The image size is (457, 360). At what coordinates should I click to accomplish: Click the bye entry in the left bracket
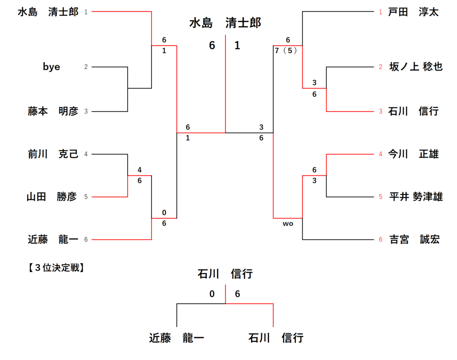(51, 67)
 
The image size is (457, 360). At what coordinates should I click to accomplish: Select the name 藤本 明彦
(53, 111)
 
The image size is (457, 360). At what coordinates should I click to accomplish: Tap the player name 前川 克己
(53, 154)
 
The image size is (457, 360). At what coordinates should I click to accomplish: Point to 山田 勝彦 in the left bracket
(52, 197)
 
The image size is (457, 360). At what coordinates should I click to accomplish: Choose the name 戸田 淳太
(413, 12)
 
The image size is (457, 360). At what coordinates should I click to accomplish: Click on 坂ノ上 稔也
(415, 67)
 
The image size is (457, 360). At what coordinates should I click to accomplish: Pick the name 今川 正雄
(413, 154)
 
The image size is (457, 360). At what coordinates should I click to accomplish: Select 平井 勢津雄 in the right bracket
(415, 197)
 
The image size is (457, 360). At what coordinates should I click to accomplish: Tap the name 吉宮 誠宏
(414, 240)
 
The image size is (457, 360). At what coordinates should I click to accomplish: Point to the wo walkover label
(288, 224)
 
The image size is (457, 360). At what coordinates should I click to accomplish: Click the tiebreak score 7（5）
(286, 50)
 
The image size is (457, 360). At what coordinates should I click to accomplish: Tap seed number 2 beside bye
(86, 67)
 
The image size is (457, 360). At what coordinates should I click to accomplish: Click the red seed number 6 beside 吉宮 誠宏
(381, 240)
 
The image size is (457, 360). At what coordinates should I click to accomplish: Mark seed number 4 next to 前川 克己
(86, 154)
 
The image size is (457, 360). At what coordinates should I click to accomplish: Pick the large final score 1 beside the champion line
(237, 46)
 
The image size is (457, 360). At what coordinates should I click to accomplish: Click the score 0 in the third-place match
(212, 294)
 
